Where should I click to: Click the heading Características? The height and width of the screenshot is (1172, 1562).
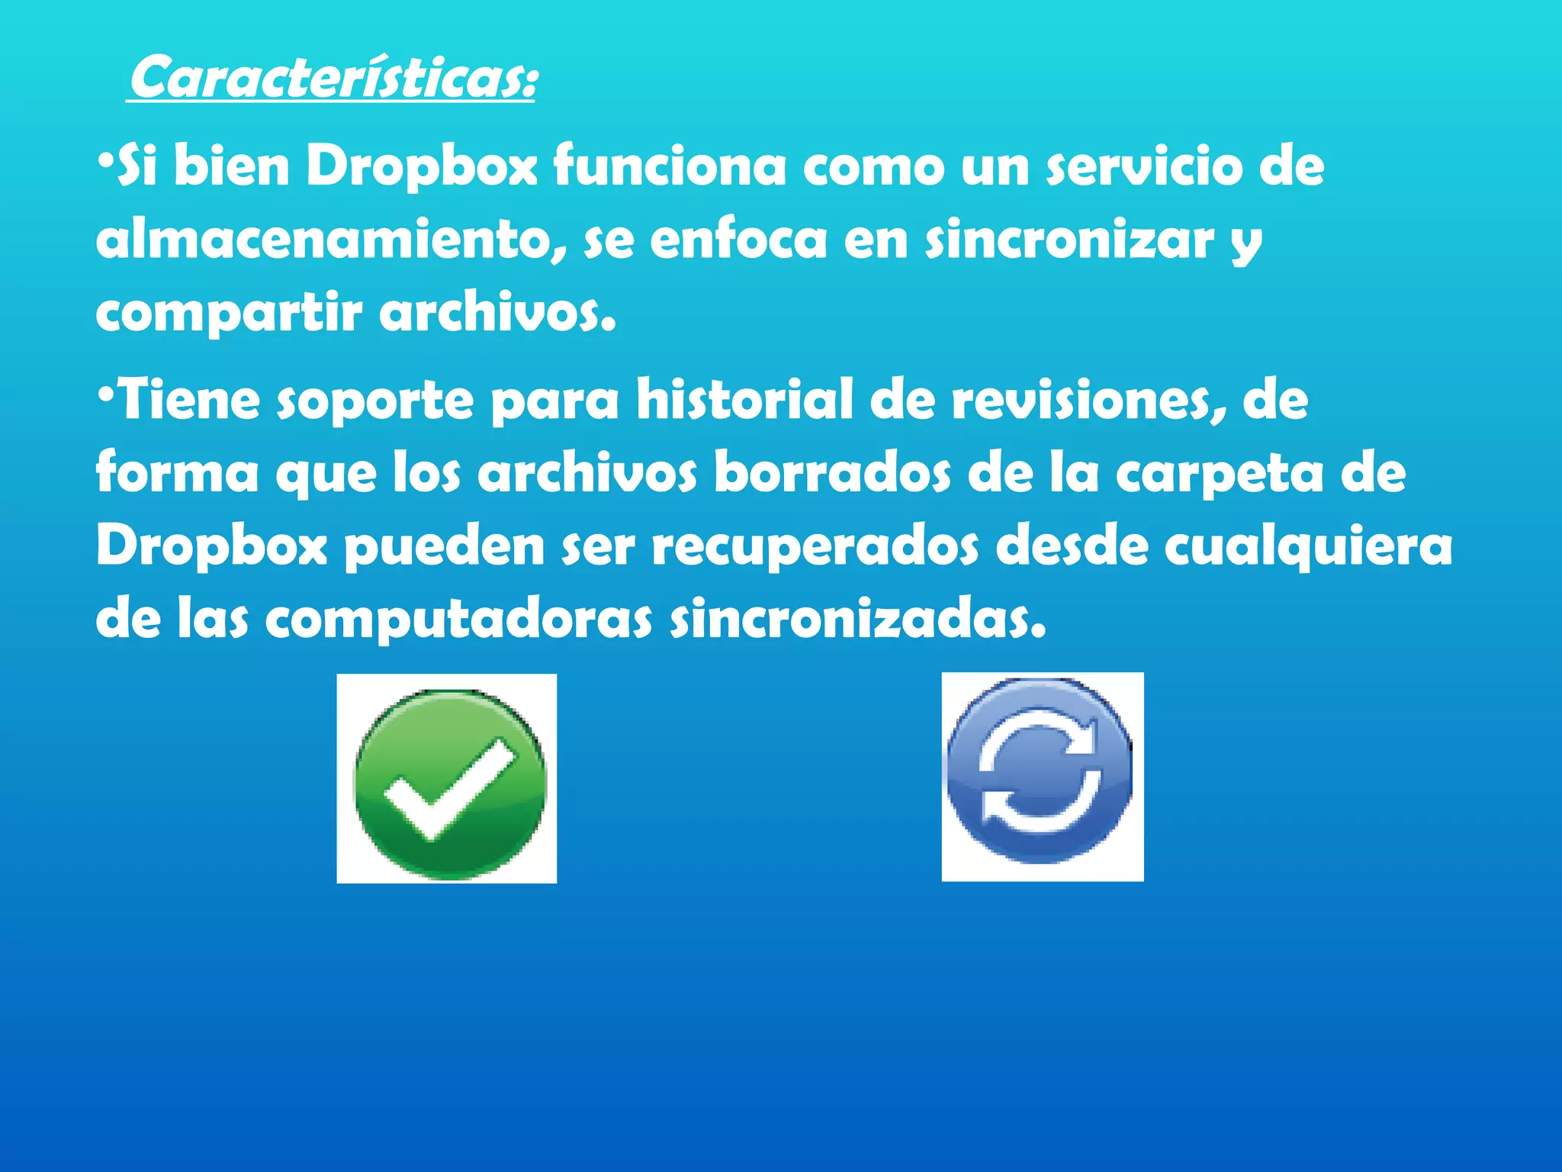(333, 78)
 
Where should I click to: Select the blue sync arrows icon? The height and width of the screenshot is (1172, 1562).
(1041, 777)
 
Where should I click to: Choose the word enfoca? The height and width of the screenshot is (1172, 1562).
(738, 240)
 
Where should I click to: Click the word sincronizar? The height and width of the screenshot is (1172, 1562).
(1069, 240)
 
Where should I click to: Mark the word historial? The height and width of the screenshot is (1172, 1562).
(744, 400)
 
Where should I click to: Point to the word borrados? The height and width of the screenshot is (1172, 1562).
(832, 473)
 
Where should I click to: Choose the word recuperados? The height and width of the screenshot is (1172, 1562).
(815, 548)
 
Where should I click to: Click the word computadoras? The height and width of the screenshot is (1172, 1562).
(458, 620)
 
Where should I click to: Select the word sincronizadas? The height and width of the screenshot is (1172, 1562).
(857, 620)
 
